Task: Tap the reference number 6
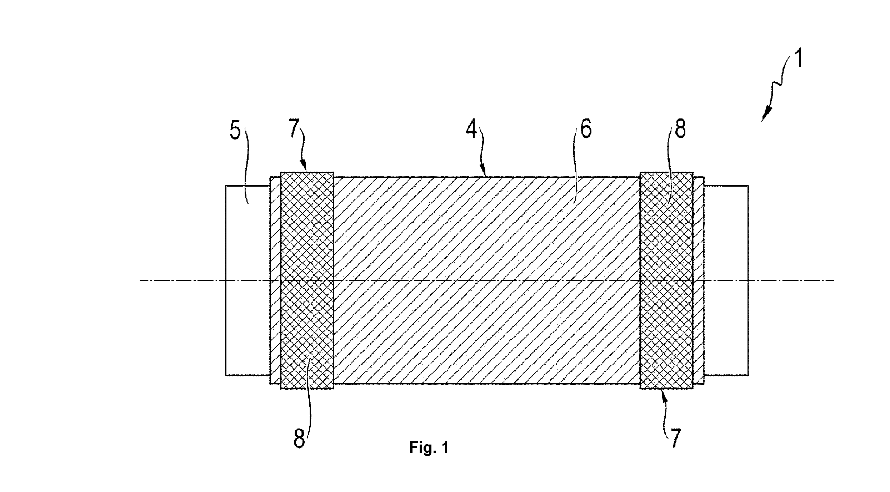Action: click(x=586, y=129)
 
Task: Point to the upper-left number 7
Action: click(x=294, y=129)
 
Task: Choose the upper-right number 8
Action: click(x=680, y=129)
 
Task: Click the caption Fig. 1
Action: click(x=429, y=448)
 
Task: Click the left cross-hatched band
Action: click(x=307, y=280)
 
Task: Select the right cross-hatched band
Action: click(x=666, y=280)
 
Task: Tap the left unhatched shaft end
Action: click(x=247, y=280)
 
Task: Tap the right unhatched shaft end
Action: click(x=726, y=280)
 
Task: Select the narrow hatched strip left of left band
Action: click(x=275, y=280)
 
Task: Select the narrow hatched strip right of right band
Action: click(x=699, y=280)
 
